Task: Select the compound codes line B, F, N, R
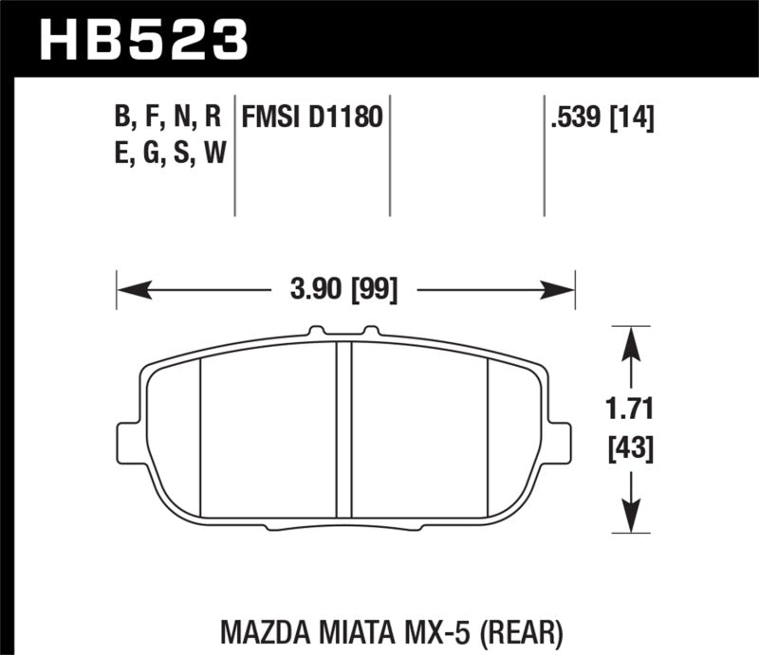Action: tap(167, 118)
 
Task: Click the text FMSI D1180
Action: tap(312, 118)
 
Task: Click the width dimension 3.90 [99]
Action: tap(345, 287)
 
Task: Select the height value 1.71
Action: tap(628, 411)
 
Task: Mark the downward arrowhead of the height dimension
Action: tap(628, 522)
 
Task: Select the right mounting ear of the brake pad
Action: tap(561, 440)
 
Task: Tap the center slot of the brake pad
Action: tap(345, 427)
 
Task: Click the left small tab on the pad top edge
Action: tap(316, 333)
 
